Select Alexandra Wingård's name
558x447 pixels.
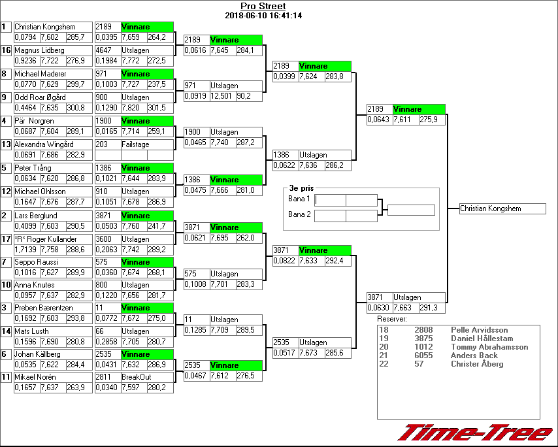[x=44, y=144]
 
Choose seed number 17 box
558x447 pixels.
[x=7, y=239]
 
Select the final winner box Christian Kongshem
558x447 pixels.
[x=502, y=208]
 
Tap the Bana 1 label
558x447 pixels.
[x=299, y=198]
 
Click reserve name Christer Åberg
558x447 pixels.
[x=477, y=364]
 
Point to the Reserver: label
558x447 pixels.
[x=392, y=319]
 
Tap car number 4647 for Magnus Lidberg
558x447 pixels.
[x=103, y=50]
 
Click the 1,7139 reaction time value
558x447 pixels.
[x=26, y=250]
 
